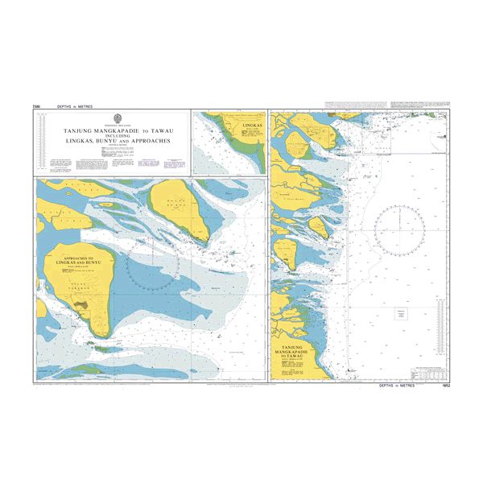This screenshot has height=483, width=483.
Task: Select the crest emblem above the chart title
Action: [x=113, y=118]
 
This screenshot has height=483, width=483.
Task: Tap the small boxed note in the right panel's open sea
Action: [x=400, y=314]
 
